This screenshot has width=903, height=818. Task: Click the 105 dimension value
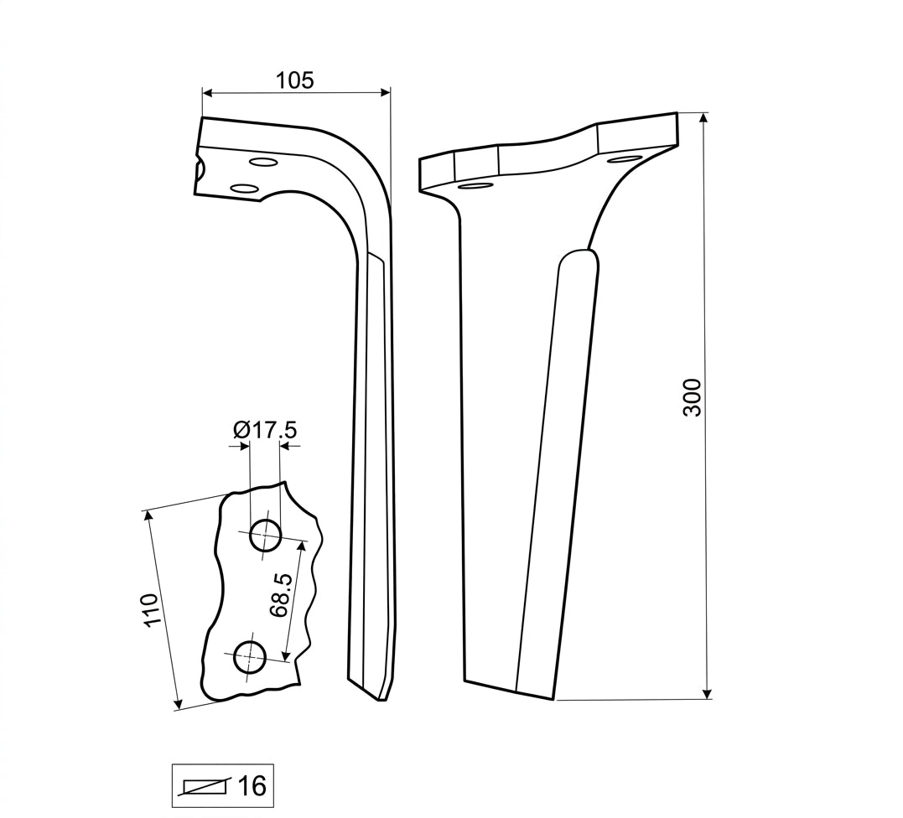click(x=295, y=80)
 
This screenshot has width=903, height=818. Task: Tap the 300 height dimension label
click(x=692, y=397)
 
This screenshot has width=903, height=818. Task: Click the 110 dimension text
click(x=151, y=609)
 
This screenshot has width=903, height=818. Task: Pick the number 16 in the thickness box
click(x=252, y=785)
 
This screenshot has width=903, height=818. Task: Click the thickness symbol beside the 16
click(x=205, y=786)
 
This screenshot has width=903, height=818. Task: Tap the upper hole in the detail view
click(x=265, y=535)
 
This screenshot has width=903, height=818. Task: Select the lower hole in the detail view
click(x=249, y=657)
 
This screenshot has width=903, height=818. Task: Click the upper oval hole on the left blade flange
click(x=262, y=161)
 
